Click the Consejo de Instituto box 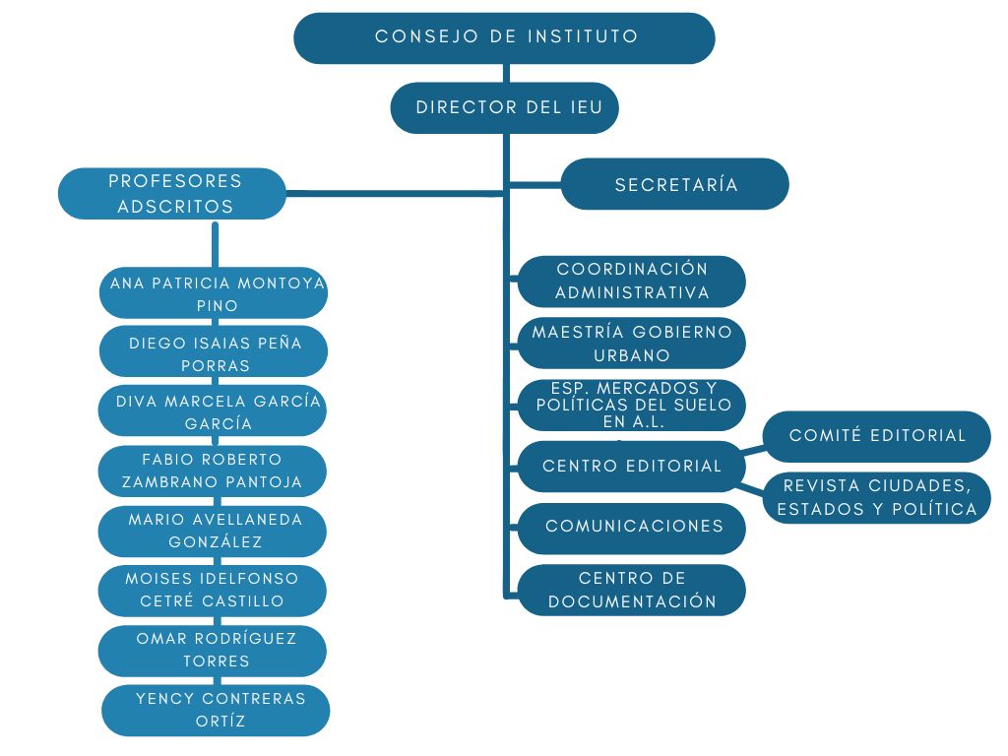click(x=504, y=37)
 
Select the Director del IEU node click(x=504, y=107)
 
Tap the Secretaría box click(x=675, y=184)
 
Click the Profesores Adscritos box click(x=173, y=194)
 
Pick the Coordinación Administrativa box click(x=631, y=282)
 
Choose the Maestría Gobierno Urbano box click(x=631, y=344)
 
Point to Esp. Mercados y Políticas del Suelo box click(x=631, y=405)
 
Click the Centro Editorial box click(x=631, y=466)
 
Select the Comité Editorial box click(x=877, y=436)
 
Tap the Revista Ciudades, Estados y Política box click(x=877, y=497)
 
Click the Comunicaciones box click(x=631, y=527)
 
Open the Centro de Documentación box click(x=631, y=590)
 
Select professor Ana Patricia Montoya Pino click(x=215, y=294)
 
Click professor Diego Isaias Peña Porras click(x=215, y=353)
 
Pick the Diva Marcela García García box click(x=215, y=412)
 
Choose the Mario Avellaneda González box click(x=214, y=531)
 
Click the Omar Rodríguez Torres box click(x=214, y=650)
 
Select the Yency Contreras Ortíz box click(x=217, y=710)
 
